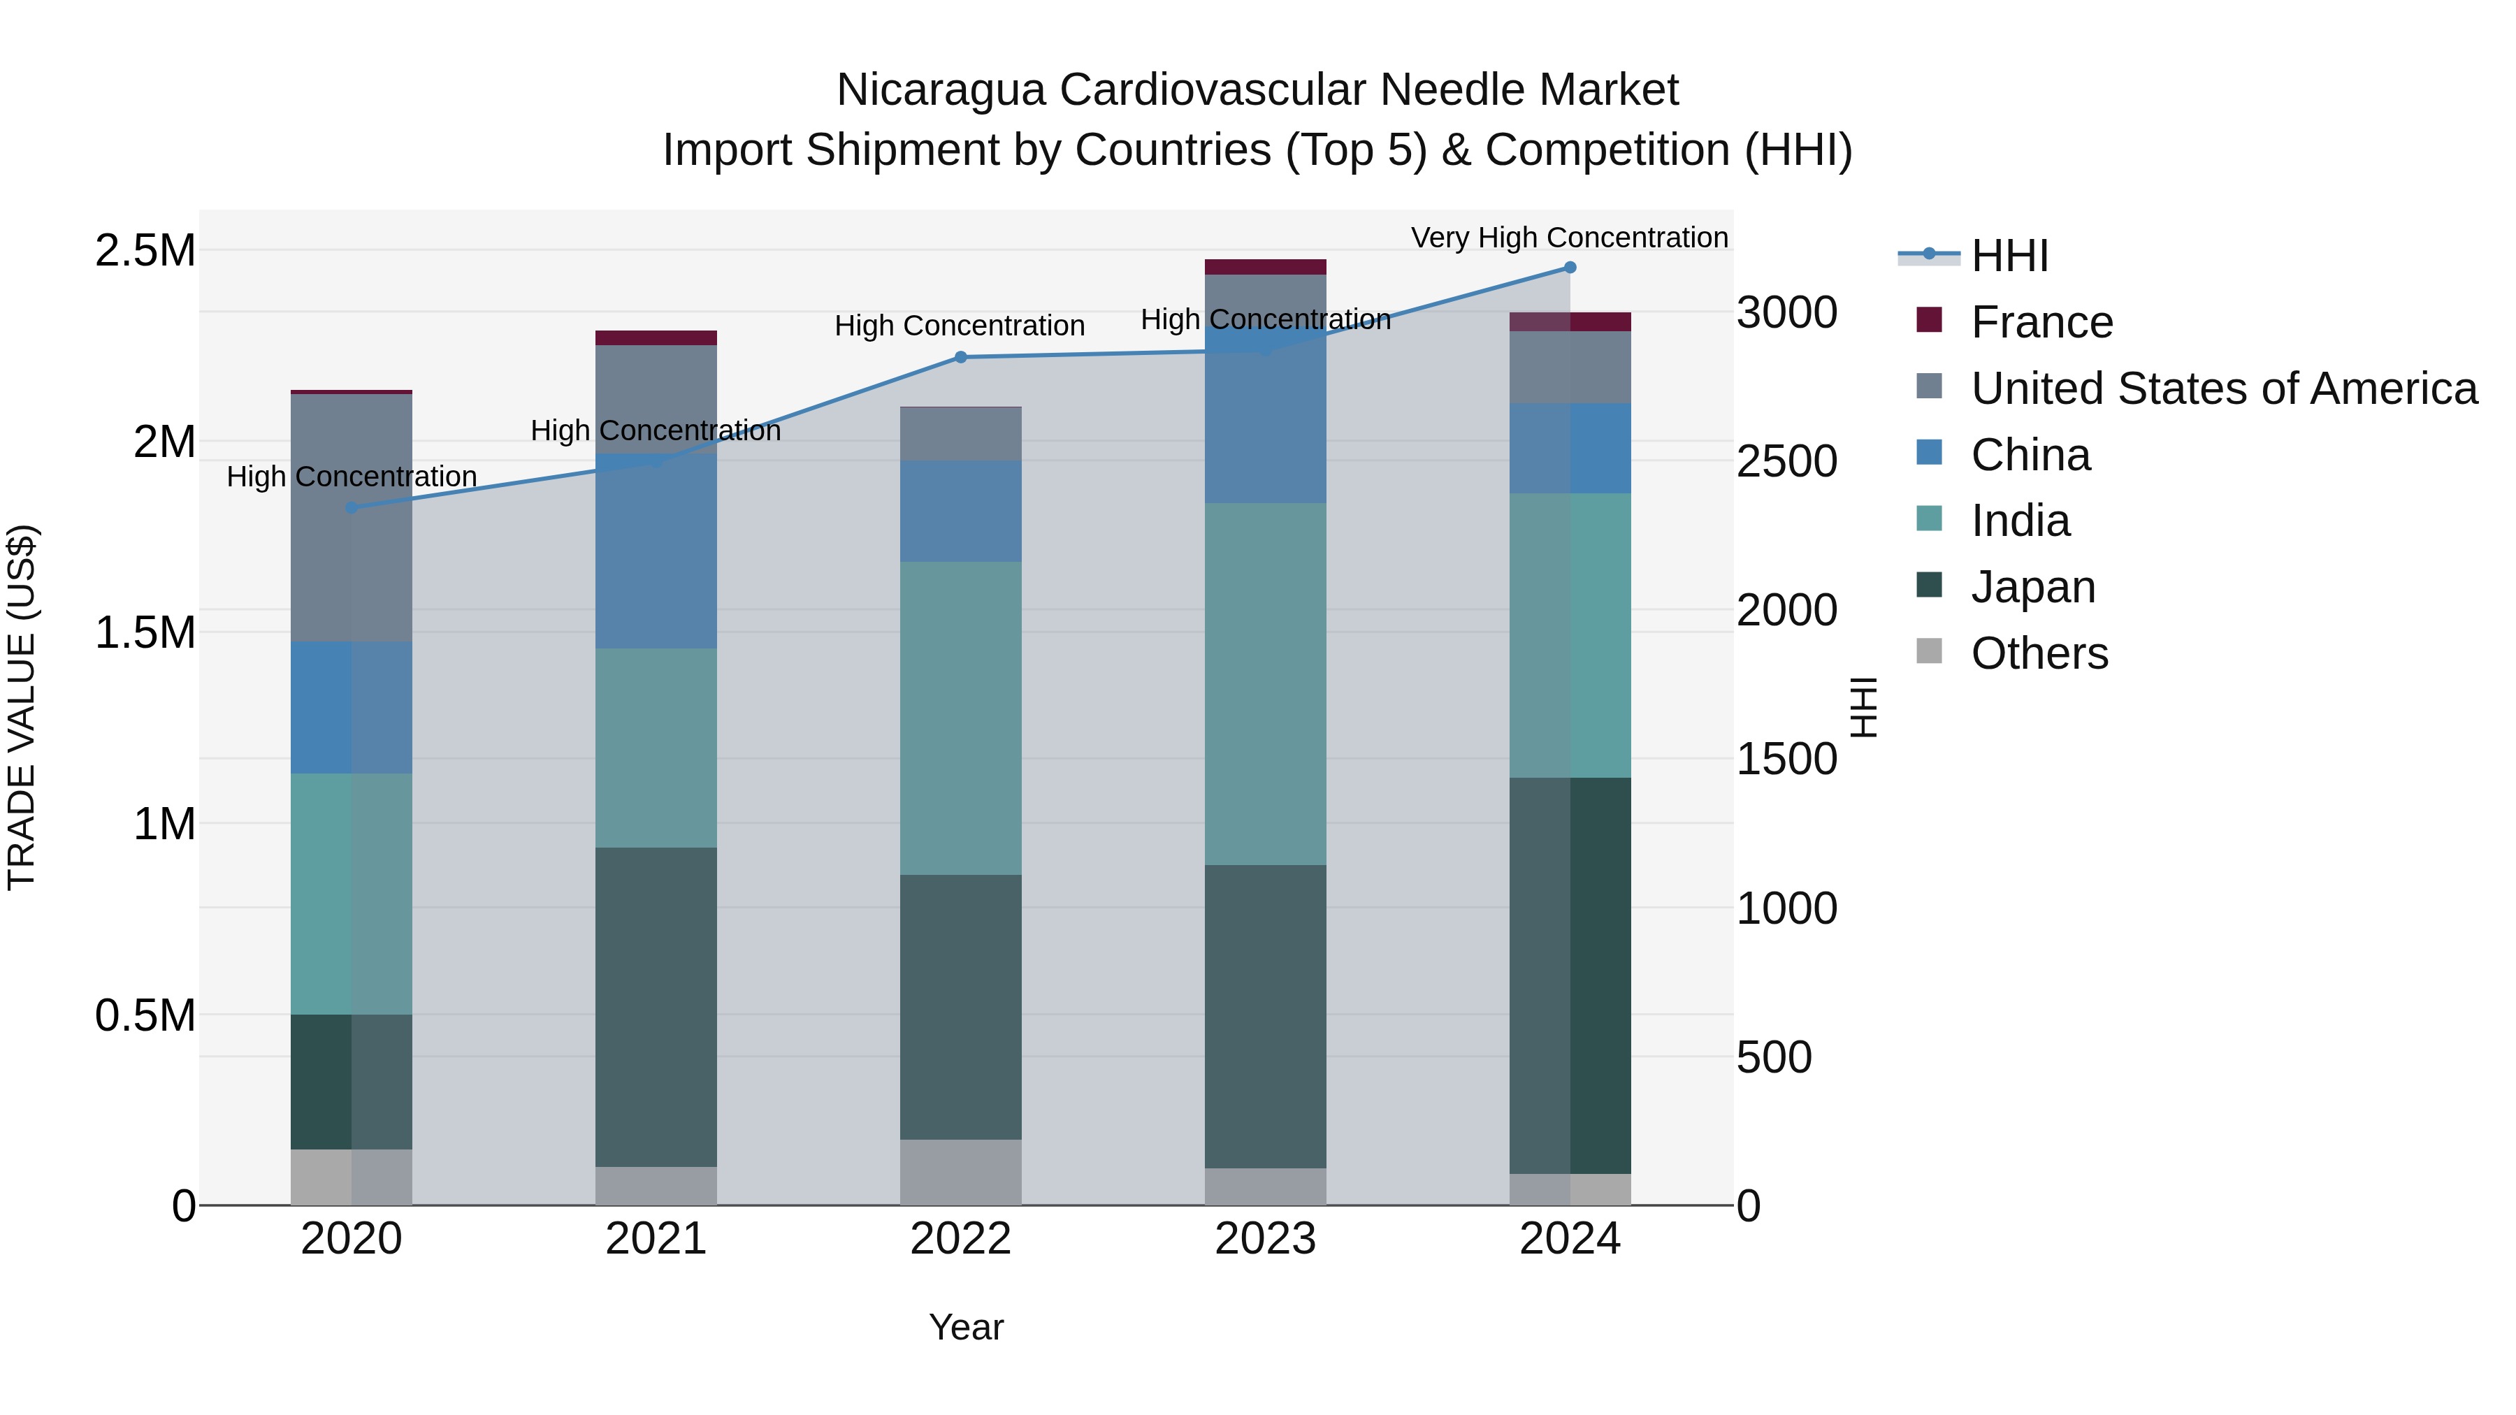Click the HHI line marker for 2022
tap(960, 357)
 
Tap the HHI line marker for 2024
tap(1570, 268)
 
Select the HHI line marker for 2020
tap(352, 508)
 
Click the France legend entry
tap(2041, 322)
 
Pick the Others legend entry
tap(2039, 653)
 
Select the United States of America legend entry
tap(2223, 389)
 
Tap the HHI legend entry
tap(2009, 256)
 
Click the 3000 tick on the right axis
tap(1786, 314)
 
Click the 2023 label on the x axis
tap(1265, 1239)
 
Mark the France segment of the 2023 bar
tap(1265, 268)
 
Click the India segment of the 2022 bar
tap(960, 718)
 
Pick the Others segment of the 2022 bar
tap(960, 1172)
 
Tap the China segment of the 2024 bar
tap(1570, 448)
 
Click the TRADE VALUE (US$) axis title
tap(22, 707)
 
